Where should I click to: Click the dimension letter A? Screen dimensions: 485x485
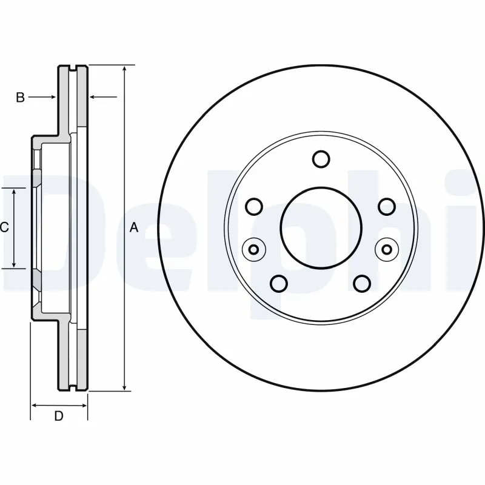(x=135, y=228)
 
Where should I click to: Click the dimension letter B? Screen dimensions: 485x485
(x=20, y=97)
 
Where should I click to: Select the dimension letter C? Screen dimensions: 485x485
(x=4, y=228)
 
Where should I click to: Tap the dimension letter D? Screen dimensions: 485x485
(x=59, y=416)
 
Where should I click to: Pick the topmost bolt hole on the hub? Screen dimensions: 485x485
(x=321, y=159)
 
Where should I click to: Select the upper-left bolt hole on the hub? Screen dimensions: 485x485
(x=254, y=207)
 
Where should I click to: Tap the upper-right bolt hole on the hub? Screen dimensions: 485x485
(x=386, y=207)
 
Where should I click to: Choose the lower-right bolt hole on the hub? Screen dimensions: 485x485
(x=362, y=283)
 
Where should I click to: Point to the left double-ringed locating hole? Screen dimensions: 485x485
(x=253, y=249)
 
